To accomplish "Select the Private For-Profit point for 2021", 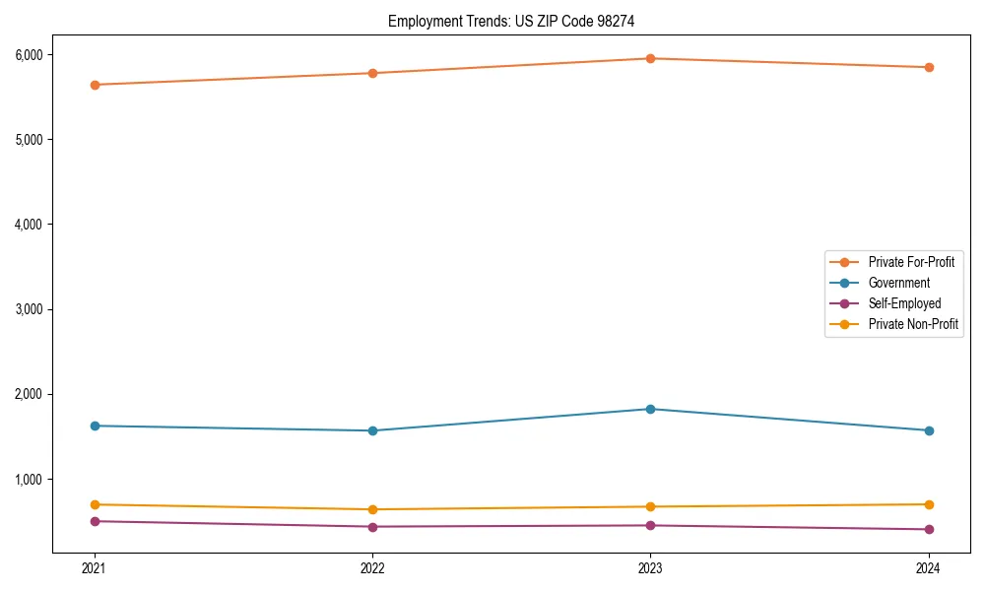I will tap(95, 85).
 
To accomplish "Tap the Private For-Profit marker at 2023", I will tap(650, 58).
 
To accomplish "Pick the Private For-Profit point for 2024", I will tap(929, 67).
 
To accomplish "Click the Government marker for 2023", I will tap(650, 409).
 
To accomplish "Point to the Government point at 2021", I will tap(95, 426).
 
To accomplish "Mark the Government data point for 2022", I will tap(372, 430).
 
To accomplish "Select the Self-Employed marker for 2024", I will tap(929, 530).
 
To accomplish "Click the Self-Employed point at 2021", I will tap(95, 521).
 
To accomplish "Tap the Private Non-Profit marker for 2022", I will tap(372, 509).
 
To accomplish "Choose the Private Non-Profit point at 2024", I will tap(929, 504).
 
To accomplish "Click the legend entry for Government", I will tap(898, 283).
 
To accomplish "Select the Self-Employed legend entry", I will tap(904, 303).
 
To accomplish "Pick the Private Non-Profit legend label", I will tap(913, 324).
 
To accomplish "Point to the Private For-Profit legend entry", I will tap(911, 262).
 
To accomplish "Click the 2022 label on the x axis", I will tap(372, 567).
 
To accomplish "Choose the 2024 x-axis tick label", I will tap(929, 567).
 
